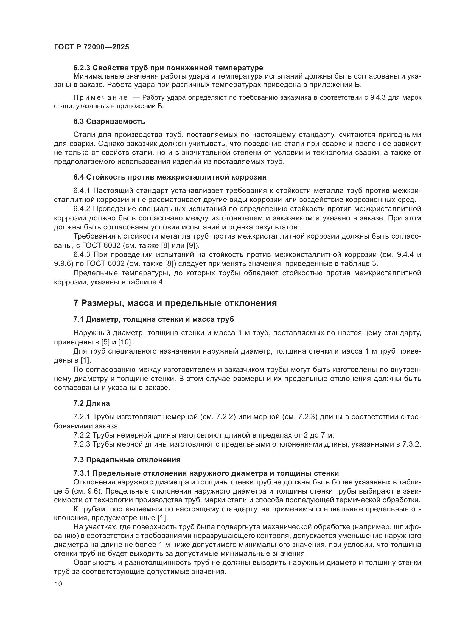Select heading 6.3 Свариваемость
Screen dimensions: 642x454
pyautogui.click(x=109, y=121)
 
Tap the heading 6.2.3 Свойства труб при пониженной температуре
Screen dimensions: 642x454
pyautogui.click(x=168, y=68)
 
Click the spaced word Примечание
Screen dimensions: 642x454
pyautogui.click(x=100, y=98)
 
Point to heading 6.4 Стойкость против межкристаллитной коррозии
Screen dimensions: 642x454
pyautogui.click(x=170, y=177)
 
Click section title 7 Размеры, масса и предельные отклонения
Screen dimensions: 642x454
pyautogui.click(x=175, y=303)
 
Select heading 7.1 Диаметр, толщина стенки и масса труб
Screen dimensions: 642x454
pyautogui.click(x=153, y=319)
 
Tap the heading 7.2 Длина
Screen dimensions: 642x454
pyautogui.click(x=91, y=403)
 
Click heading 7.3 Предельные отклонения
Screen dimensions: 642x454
pyautogui.click(x=127, y=460)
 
